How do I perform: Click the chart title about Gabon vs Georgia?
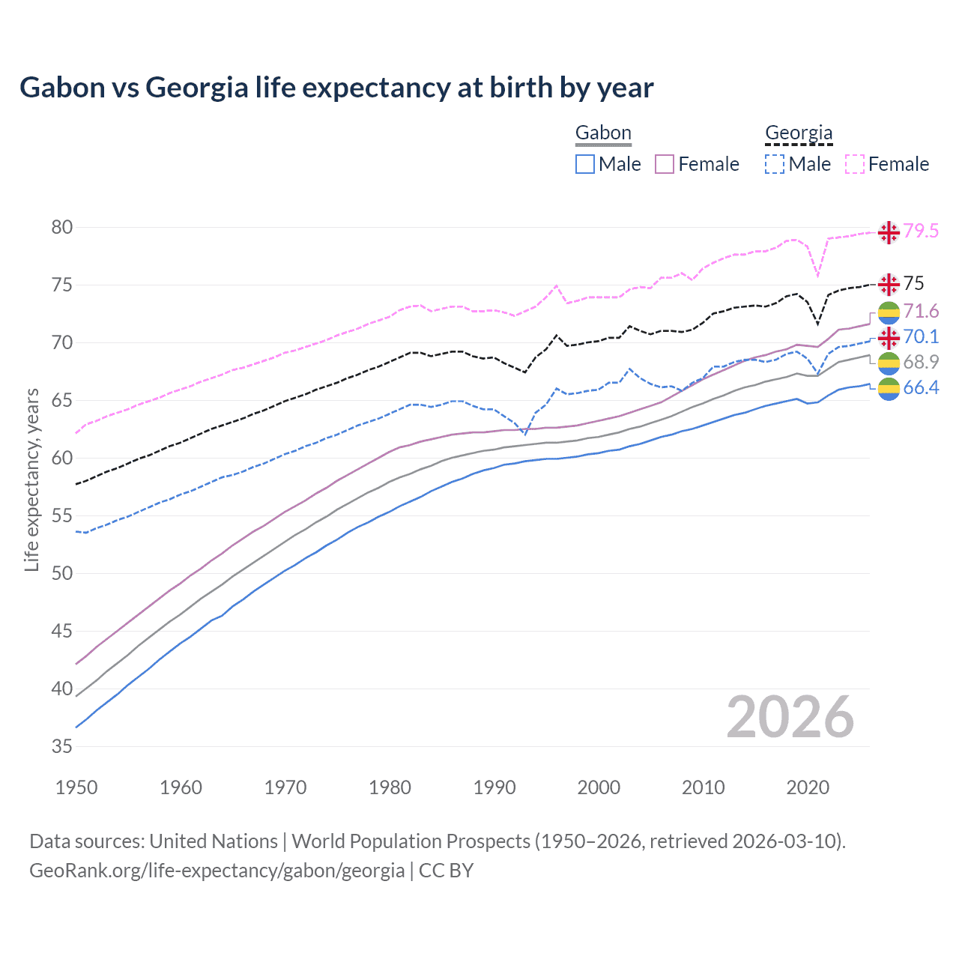pos(336,88)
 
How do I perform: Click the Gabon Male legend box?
pos(585,164)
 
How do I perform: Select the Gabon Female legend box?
pos(665,164)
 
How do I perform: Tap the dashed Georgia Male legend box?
pos(775,164)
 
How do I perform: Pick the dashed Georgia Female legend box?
pos(855,164)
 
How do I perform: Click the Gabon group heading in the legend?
pos(603,133)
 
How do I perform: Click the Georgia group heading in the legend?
pos(799,133)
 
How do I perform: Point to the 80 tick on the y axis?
pos(62,227)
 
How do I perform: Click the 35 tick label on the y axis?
pos(62,746)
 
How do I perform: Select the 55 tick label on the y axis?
pos(62,515)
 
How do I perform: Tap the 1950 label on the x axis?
pos(76,787)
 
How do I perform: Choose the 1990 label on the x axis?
pos(494,787)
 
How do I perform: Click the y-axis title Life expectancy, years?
pos(31,479)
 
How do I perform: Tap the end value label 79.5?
pos(921,231)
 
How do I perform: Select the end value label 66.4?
pos(921,387)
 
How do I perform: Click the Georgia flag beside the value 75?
pos(889,284)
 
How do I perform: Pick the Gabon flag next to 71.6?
pos(889,312)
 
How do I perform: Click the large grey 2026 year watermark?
pos(790,717)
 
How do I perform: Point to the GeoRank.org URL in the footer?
pos(217,871)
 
